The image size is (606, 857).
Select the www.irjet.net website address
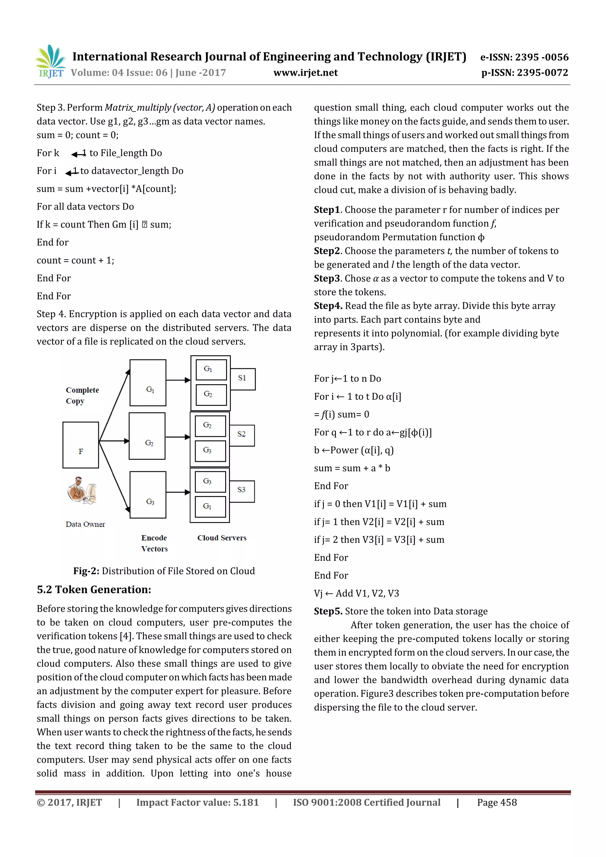pos(305,73)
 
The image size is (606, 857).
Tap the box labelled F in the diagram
pos(81,445)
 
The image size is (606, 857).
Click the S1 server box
pos(243,379)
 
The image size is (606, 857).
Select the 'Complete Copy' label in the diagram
pos(82,396)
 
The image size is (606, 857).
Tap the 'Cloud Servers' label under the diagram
pos(222,538)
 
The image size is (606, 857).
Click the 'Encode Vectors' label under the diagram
pos(154,543)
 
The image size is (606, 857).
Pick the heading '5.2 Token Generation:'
pos(94,590)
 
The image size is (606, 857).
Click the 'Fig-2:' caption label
pos(86,571)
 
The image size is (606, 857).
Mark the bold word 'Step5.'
pos(328,611)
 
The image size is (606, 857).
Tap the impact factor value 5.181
pos(246,803)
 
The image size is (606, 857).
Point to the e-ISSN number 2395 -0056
pos(541,57)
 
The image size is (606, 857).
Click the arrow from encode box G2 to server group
pos(178,437)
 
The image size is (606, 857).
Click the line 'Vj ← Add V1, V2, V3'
pos(356,593)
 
